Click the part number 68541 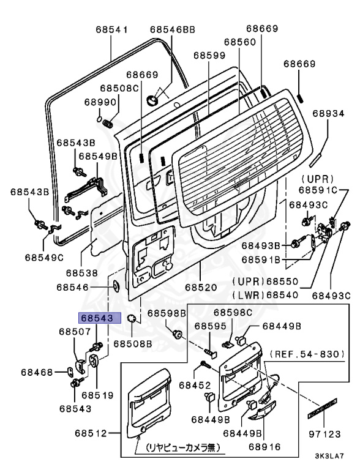pos(111,29)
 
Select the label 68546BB pos(172,29)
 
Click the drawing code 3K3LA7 pos(330,456)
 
